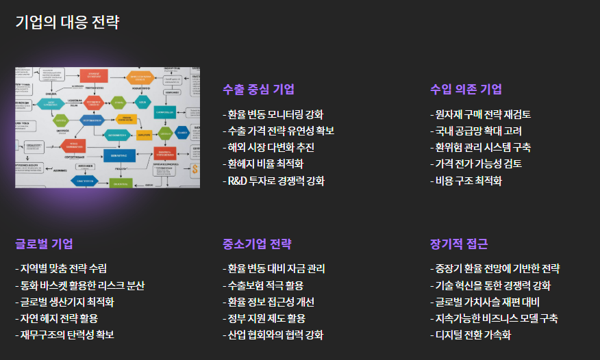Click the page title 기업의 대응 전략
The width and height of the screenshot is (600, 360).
[x=67, y=23]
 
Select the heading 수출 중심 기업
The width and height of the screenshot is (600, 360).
[x=258, y=89]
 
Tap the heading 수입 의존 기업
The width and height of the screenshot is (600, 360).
[x=466, y=89]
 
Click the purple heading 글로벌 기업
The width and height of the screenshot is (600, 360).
[x=44, y=244]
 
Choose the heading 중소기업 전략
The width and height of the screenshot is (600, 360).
[x=257, y=244]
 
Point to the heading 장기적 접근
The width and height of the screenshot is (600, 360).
[x=459, y=244]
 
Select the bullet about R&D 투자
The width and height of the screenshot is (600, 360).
[x=276, y=181]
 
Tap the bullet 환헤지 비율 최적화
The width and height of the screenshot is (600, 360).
[x=265, y=164]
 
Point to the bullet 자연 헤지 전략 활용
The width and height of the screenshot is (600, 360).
[x=60, y=318]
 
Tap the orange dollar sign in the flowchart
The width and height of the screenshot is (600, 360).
[x=195, y=170]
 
